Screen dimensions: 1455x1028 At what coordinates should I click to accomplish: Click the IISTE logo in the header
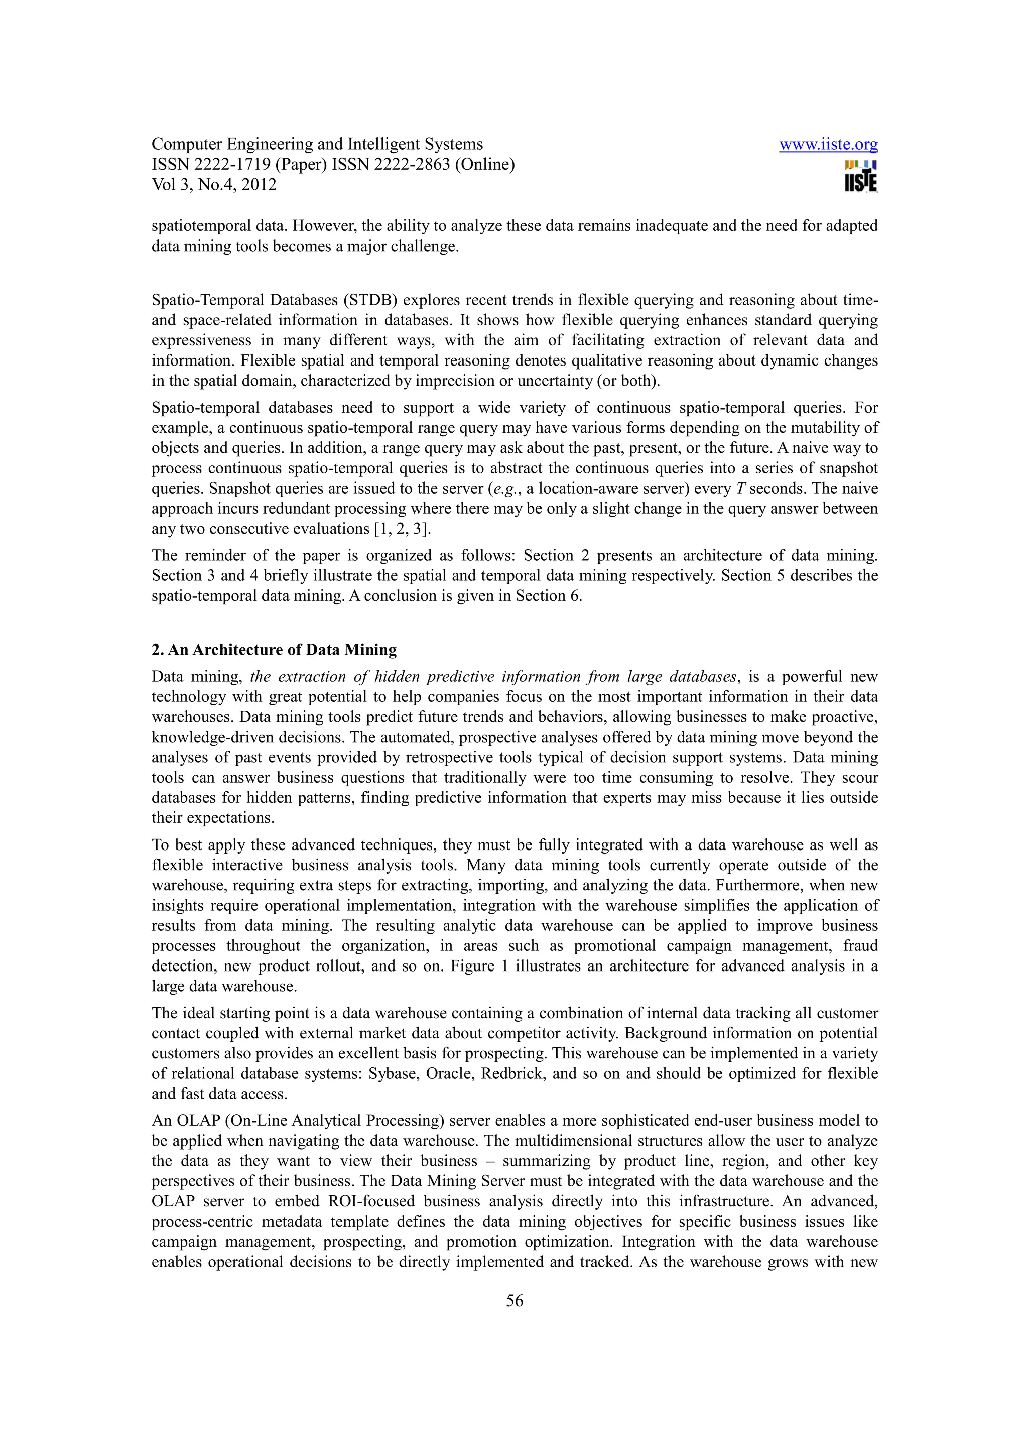point(861,176)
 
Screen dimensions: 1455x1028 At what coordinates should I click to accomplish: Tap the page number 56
point(515,1301)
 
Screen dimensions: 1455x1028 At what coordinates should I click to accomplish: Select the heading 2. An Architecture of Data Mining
point(274,650)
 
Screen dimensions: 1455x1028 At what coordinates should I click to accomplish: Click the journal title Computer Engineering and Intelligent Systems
point(317,145)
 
